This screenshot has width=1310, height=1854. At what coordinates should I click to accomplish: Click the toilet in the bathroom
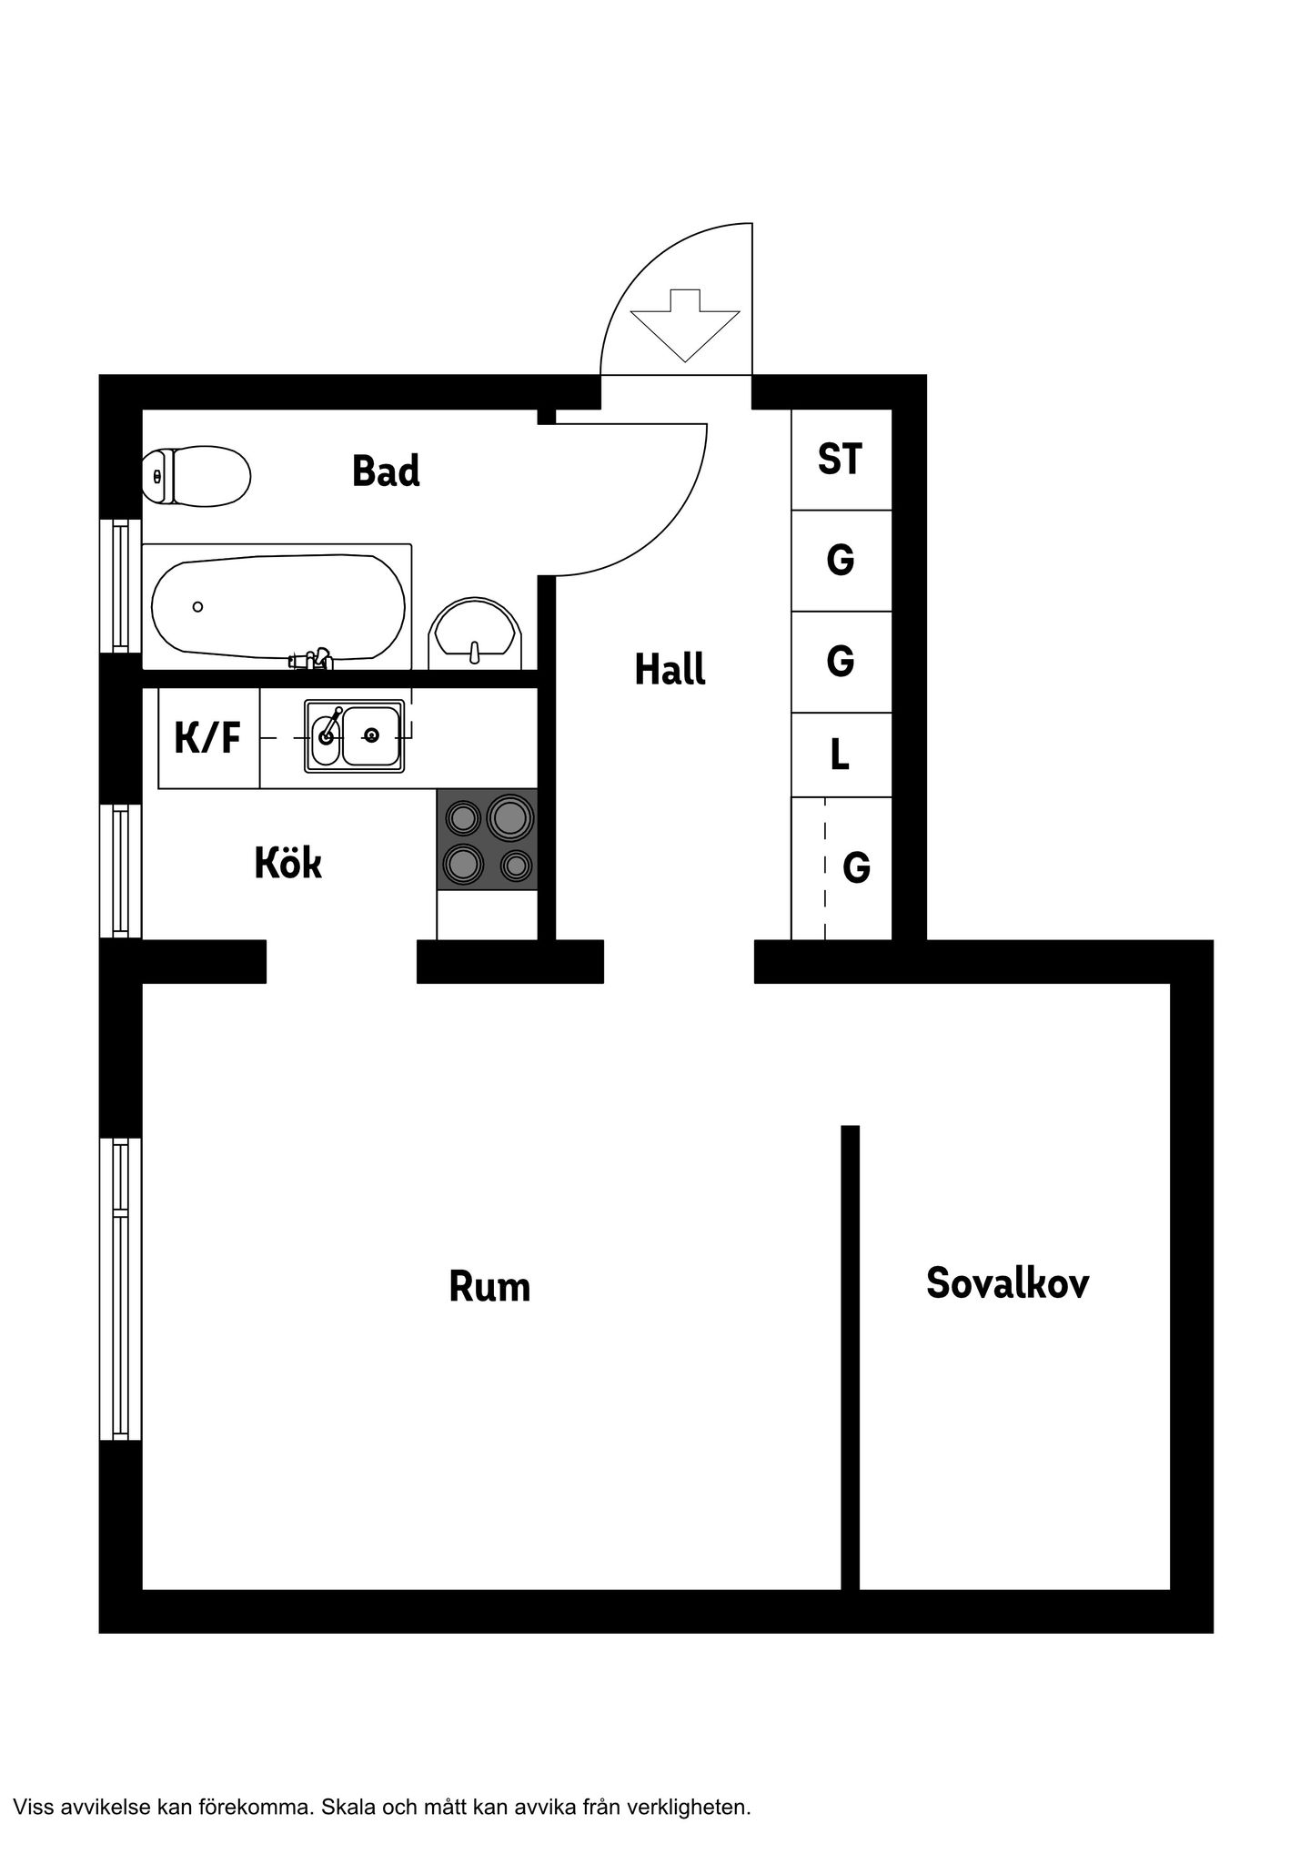(196, 475)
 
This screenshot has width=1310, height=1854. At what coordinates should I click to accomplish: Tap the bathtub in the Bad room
(277, 606)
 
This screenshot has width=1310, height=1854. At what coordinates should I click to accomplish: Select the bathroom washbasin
(476, 630)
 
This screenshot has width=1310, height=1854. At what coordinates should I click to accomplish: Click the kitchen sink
(355, 736)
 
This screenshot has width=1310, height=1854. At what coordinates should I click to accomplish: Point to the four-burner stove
(487, 839)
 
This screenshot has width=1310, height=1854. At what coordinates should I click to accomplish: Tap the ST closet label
(840, 459)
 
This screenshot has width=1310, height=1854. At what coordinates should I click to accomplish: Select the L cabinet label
(840, 755)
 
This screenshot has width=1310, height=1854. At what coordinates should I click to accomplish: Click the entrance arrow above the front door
(684, 325)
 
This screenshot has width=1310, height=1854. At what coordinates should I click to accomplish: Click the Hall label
(670, 669)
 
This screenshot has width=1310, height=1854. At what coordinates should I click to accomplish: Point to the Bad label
(386, 471)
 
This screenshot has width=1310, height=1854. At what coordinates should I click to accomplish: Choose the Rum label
(489, 1286)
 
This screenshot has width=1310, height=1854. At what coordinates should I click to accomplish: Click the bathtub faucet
(311, 659)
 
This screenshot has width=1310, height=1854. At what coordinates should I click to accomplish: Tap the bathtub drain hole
(197, 607)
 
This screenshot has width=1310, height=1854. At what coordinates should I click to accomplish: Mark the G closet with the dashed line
(841, 868)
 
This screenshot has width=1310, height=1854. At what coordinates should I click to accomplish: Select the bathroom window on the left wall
(120, 586)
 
